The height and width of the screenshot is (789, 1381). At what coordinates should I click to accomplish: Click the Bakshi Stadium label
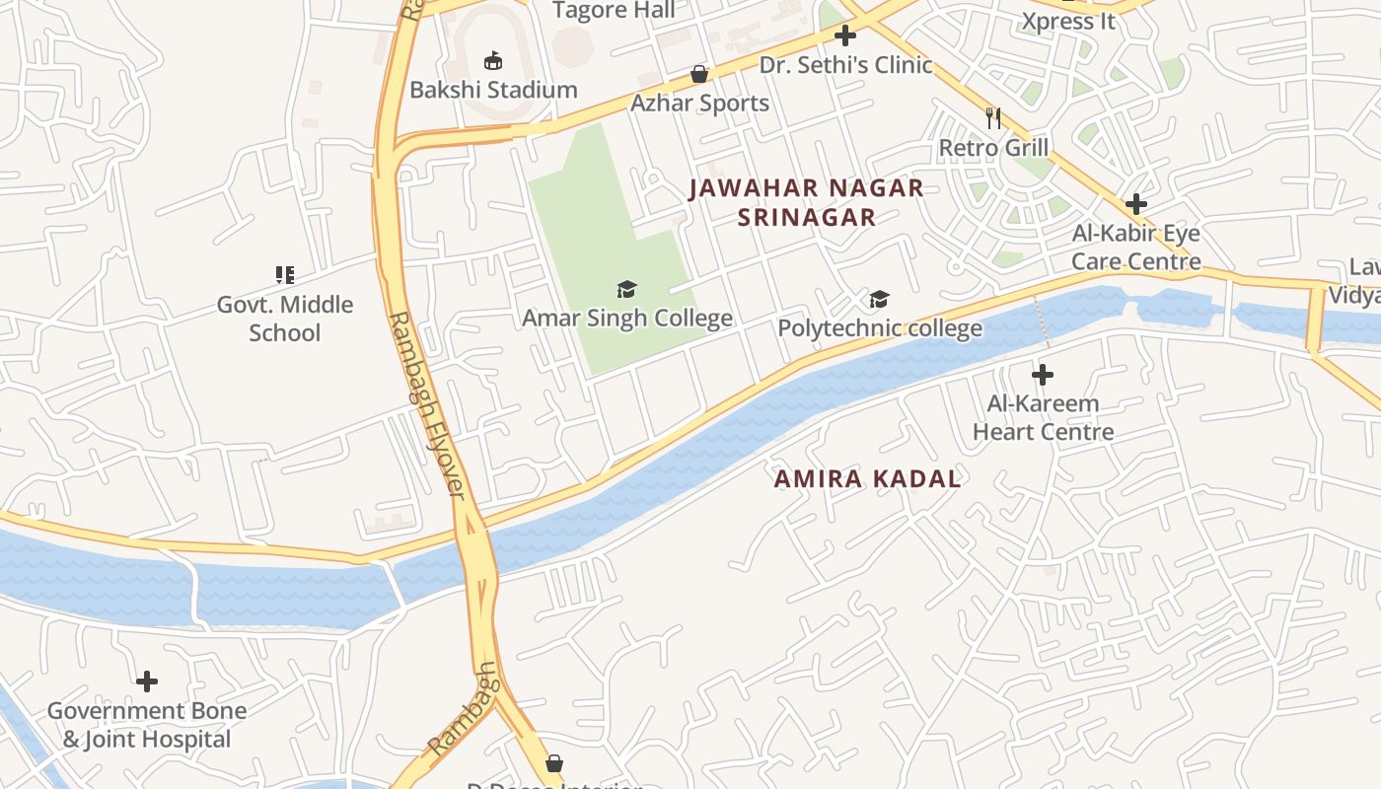pyautogui.click(x=493, y=90)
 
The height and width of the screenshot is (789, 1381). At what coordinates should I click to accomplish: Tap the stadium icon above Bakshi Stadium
pyautogui.click(x=493, y=61)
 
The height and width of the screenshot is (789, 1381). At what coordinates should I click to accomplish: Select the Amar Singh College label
pyautogui.click(x=626, y=318)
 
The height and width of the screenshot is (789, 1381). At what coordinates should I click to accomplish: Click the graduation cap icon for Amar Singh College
pyautogui.click(x=626, y=289)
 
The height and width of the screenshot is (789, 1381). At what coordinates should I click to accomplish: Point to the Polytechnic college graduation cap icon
pyautogui.click(x=879, y=300)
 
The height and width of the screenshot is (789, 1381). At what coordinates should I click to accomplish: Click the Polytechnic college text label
pyautogui.click(x=880, y=328)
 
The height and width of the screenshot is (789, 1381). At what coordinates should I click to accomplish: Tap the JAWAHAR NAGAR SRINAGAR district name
pyautogui.click(x=806, y=202)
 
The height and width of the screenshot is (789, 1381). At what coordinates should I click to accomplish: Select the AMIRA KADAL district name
pyautogui.click(x=867, y=479)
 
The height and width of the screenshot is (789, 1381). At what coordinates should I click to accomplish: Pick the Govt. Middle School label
pyautogui.click(x=285, y=318)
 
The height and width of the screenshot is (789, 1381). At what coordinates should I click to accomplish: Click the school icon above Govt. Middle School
pyautogui.click(x=285, y=275)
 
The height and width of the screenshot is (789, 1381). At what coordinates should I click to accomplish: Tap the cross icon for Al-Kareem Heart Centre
pyautogui.click(x=1043, y=375)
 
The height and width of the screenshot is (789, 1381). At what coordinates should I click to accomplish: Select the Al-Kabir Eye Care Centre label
pyautogui.click(x=1136, y=248)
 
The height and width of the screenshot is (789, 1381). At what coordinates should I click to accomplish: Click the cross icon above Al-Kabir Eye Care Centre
pyautogui.click(x=1136, y=204)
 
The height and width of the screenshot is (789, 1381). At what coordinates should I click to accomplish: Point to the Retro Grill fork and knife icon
pyautogui.click(x=993, y=118)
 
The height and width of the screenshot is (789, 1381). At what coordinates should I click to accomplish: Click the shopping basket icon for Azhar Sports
pyautogui.click(x=699, y=74)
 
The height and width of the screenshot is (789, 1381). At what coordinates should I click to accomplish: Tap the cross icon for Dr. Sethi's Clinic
pyautogui.click(x=845, y=36)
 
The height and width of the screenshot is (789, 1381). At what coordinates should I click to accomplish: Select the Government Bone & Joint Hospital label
pyautogui.click(x=147, y=725)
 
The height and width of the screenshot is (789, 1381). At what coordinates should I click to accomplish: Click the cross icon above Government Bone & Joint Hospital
pyautogui.click(x=147, y=681)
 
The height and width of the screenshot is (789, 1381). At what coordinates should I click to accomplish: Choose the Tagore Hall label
pyautogui.click(x=614, y=11)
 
